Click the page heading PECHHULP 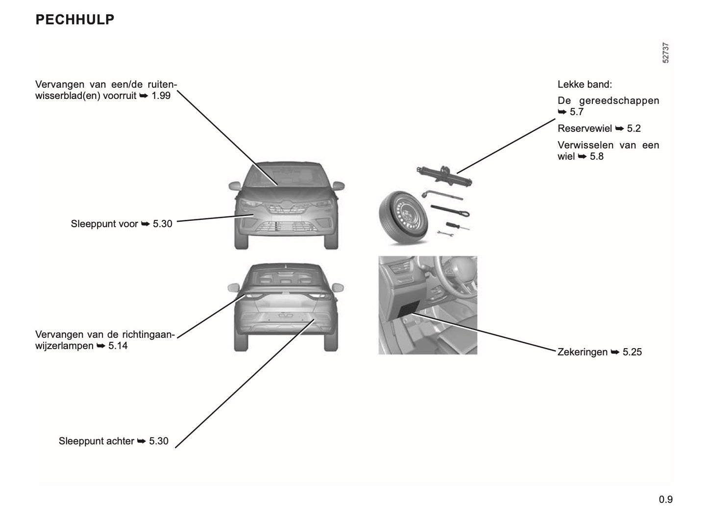tap(75, 20)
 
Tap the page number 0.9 tap(665, 500)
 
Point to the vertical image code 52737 tap(665, 53)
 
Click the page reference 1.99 tap(161, 95)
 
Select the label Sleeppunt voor tap(104, 224)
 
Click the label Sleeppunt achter tap(96, 441)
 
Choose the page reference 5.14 tap(118, 346)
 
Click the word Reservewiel tap(585, 128)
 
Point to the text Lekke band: tap(585, 84)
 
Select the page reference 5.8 tap(596, 157)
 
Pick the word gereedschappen tap(619, 100)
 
